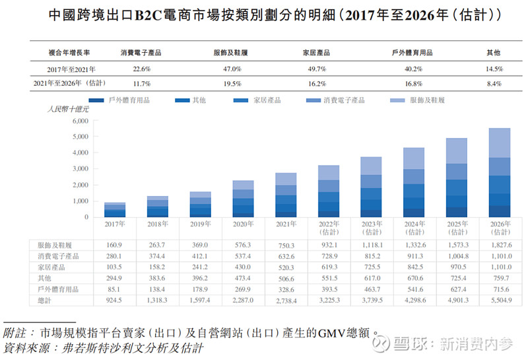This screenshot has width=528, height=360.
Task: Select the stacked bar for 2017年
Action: [115, 210]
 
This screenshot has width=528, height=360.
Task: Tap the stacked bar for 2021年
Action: [286, 196]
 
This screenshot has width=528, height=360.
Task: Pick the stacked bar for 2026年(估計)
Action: [499, 173]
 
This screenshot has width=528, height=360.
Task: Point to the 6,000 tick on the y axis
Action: [79, 122]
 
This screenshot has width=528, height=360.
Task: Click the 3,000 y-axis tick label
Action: [79, 169]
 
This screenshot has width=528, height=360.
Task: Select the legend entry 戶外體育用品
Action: [129, 100]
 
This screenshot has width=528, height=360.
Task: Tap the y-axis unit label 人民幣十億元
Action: [67, 110]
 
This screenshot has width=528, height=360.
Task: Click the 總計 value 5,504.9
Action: [500, 301]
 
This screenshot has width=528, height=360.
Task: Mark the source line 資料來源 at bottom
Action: [103, 347]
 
